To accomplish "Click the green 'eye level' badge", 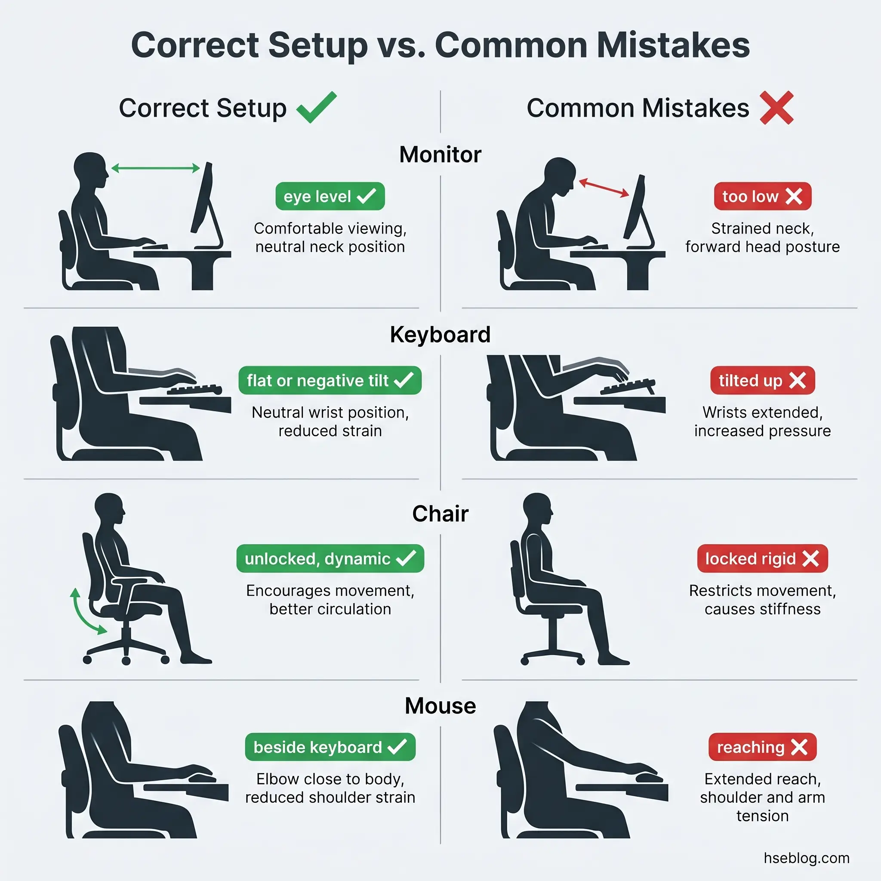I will [x=330, y=196].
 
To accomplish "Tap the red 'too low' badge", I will [x=762, y=196].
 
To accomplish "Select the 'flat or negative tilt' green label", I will [x=330, y=380].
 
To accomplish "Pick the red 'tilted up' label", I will [x=762, y=380].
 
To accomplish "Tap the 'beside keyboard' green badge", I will [x=330, y=747].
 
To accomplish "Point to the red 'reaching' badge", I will [x=762, y=747].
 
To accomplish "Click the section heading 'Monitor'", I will [x=440, y=154].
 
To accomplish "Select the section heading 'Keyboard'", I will [x=440, y=334].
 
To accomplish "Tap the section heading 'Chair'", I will [x=440, y=514].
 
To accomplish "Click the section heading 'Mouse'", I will [x=440, y=705].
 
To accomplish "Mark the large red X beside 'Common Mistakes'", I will [x=776, y=108].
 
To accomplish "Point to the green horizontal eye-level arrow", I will [x=155, y=168].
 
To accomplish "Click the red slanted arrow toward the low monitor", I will [x=604, y=188].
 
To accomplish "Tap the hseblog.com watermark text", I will [x=806, y=858].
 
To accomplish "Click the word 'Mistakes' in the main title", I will [x=673, y=45].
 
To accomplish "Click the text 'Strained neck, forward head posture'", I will [x=762, y=237].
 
